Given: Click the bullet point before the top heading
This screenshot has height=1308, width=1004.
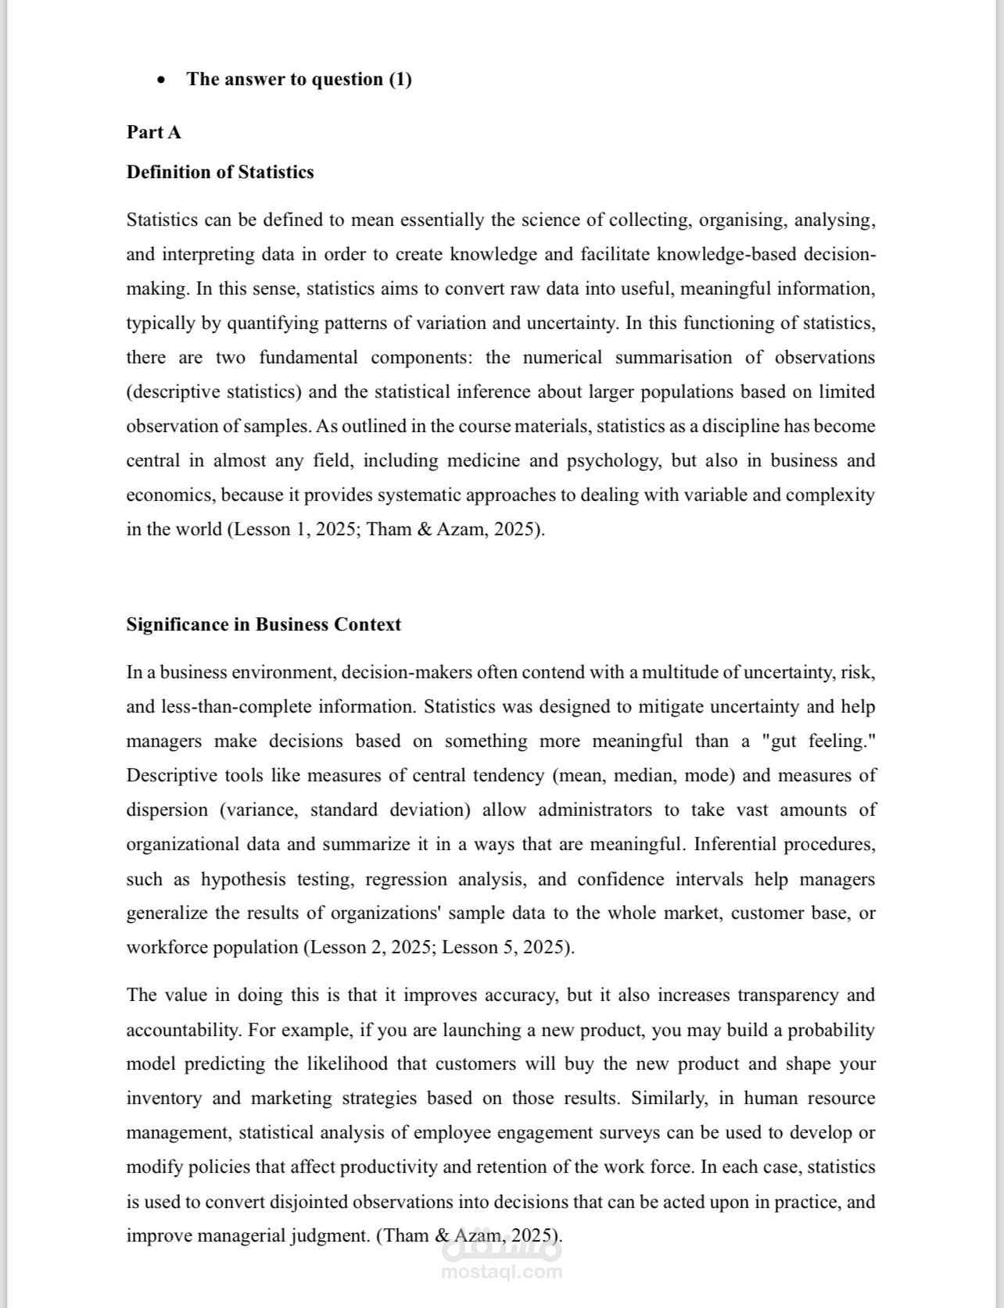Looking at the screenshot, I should (161, 80).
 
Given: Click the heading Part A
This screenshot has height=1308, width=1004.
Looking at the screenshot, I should (154, 132).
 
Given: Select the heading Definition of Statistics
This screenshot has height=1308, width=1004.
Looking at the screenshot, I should (220, 172).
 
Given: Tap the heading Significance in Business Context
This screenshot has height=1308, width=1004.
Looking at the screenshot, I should (264, 624).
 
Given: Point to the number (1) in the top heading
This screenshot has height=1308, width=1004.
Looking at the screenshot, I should (400, 79).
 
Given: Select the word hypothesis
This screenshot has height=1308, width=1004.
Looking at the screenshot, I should (243, 879).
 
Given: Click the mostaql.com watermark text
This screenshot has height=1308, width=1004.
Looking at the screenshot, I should (502, 1271).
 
